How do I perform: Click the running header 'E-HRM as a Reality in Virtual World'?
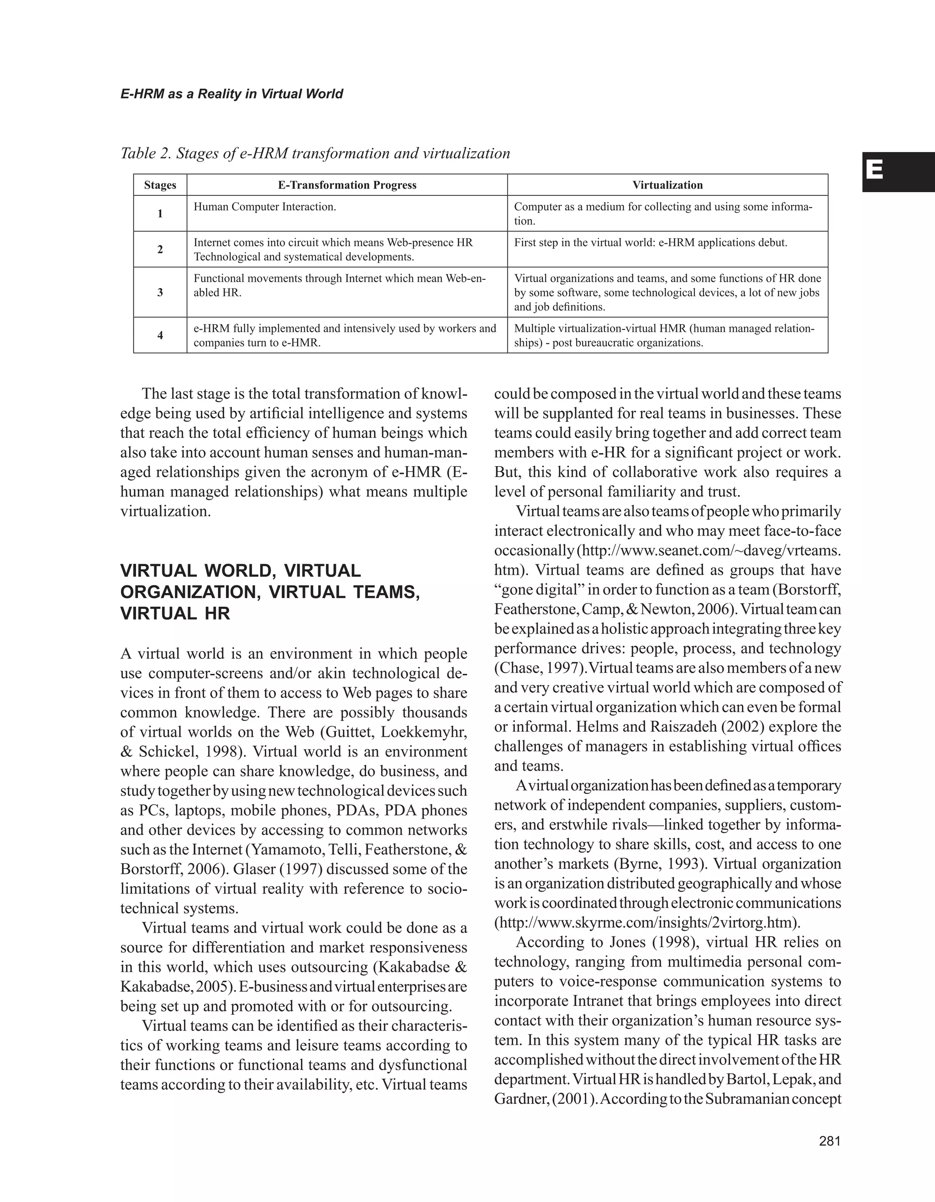[x=231, y=94]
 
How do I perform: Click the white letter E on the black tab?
[x=874, y=171]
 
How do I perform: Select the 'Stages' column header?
[x=160, y=185]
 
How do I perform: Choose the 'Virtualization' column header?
[x=667, y=185]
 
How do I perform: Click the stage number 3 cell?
[x=160, y=292]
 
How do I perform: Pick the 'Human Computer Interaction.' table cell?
[x=265, y=207]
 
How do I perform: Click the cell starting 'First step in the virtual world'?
[x=651, y=243]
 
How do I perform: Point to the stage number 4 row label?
[x=160, y=335]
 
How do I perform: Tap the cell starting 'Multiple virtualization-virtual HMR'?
[x=664, y=336]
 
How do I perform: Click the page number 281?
[x=830, y=1141]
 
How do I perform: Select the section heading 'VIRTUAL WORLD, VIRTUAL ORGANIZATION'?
[x=270, y=592]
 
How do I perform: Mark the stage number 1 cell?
[x=160, y=214]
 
